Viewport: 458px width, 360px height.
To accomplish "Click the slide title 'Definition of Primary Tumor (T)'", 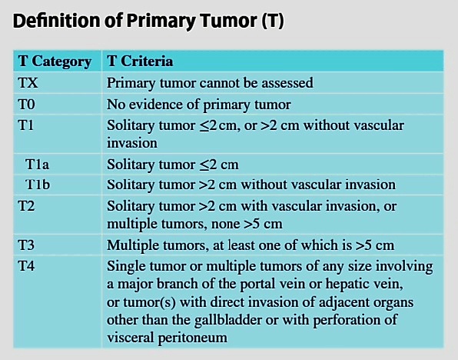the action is click(x=148, y=21).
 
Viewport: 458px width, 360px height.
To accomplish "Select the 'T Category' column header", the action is click(x=55, y=62).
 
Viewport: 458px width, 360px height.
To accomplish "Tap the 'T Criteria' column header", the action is click(x=140, y=61).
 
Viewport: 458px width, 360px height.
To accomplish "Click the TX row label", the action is click(x=28, y=83).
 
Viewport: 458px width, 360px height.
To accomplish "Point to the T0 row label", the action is click(x=27, y=105).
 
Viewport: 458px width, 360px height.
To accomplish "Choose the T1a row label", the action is click(x=37, y=165).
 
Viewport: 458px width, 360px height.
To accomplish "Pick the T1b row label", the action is click(x=38, y=185).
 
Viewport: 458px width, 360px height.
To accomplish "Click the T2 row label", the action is click(x=26, y=206).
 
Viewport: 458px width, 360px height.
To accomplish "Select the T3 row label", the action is click(x=26, y=245).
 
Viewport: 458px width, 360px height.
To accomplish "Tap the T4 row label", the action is click(x=26, y=266).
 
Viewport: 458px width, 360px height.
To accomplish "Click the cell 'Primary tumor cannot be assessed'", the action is click(x=210, y=83).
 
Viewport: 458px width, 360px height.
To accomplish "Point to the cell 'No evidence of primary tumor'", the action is click(x=198, y=105).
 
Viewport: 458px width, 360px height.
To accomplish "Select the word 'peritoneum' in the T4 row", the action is click(x=192, y=338).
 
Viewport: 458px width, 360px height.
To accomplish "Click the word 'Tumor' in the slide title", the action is click(x=227, y=21).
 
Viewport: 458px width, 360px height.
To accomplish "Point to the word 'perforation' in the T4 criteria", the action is click(x=347, y=320).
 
